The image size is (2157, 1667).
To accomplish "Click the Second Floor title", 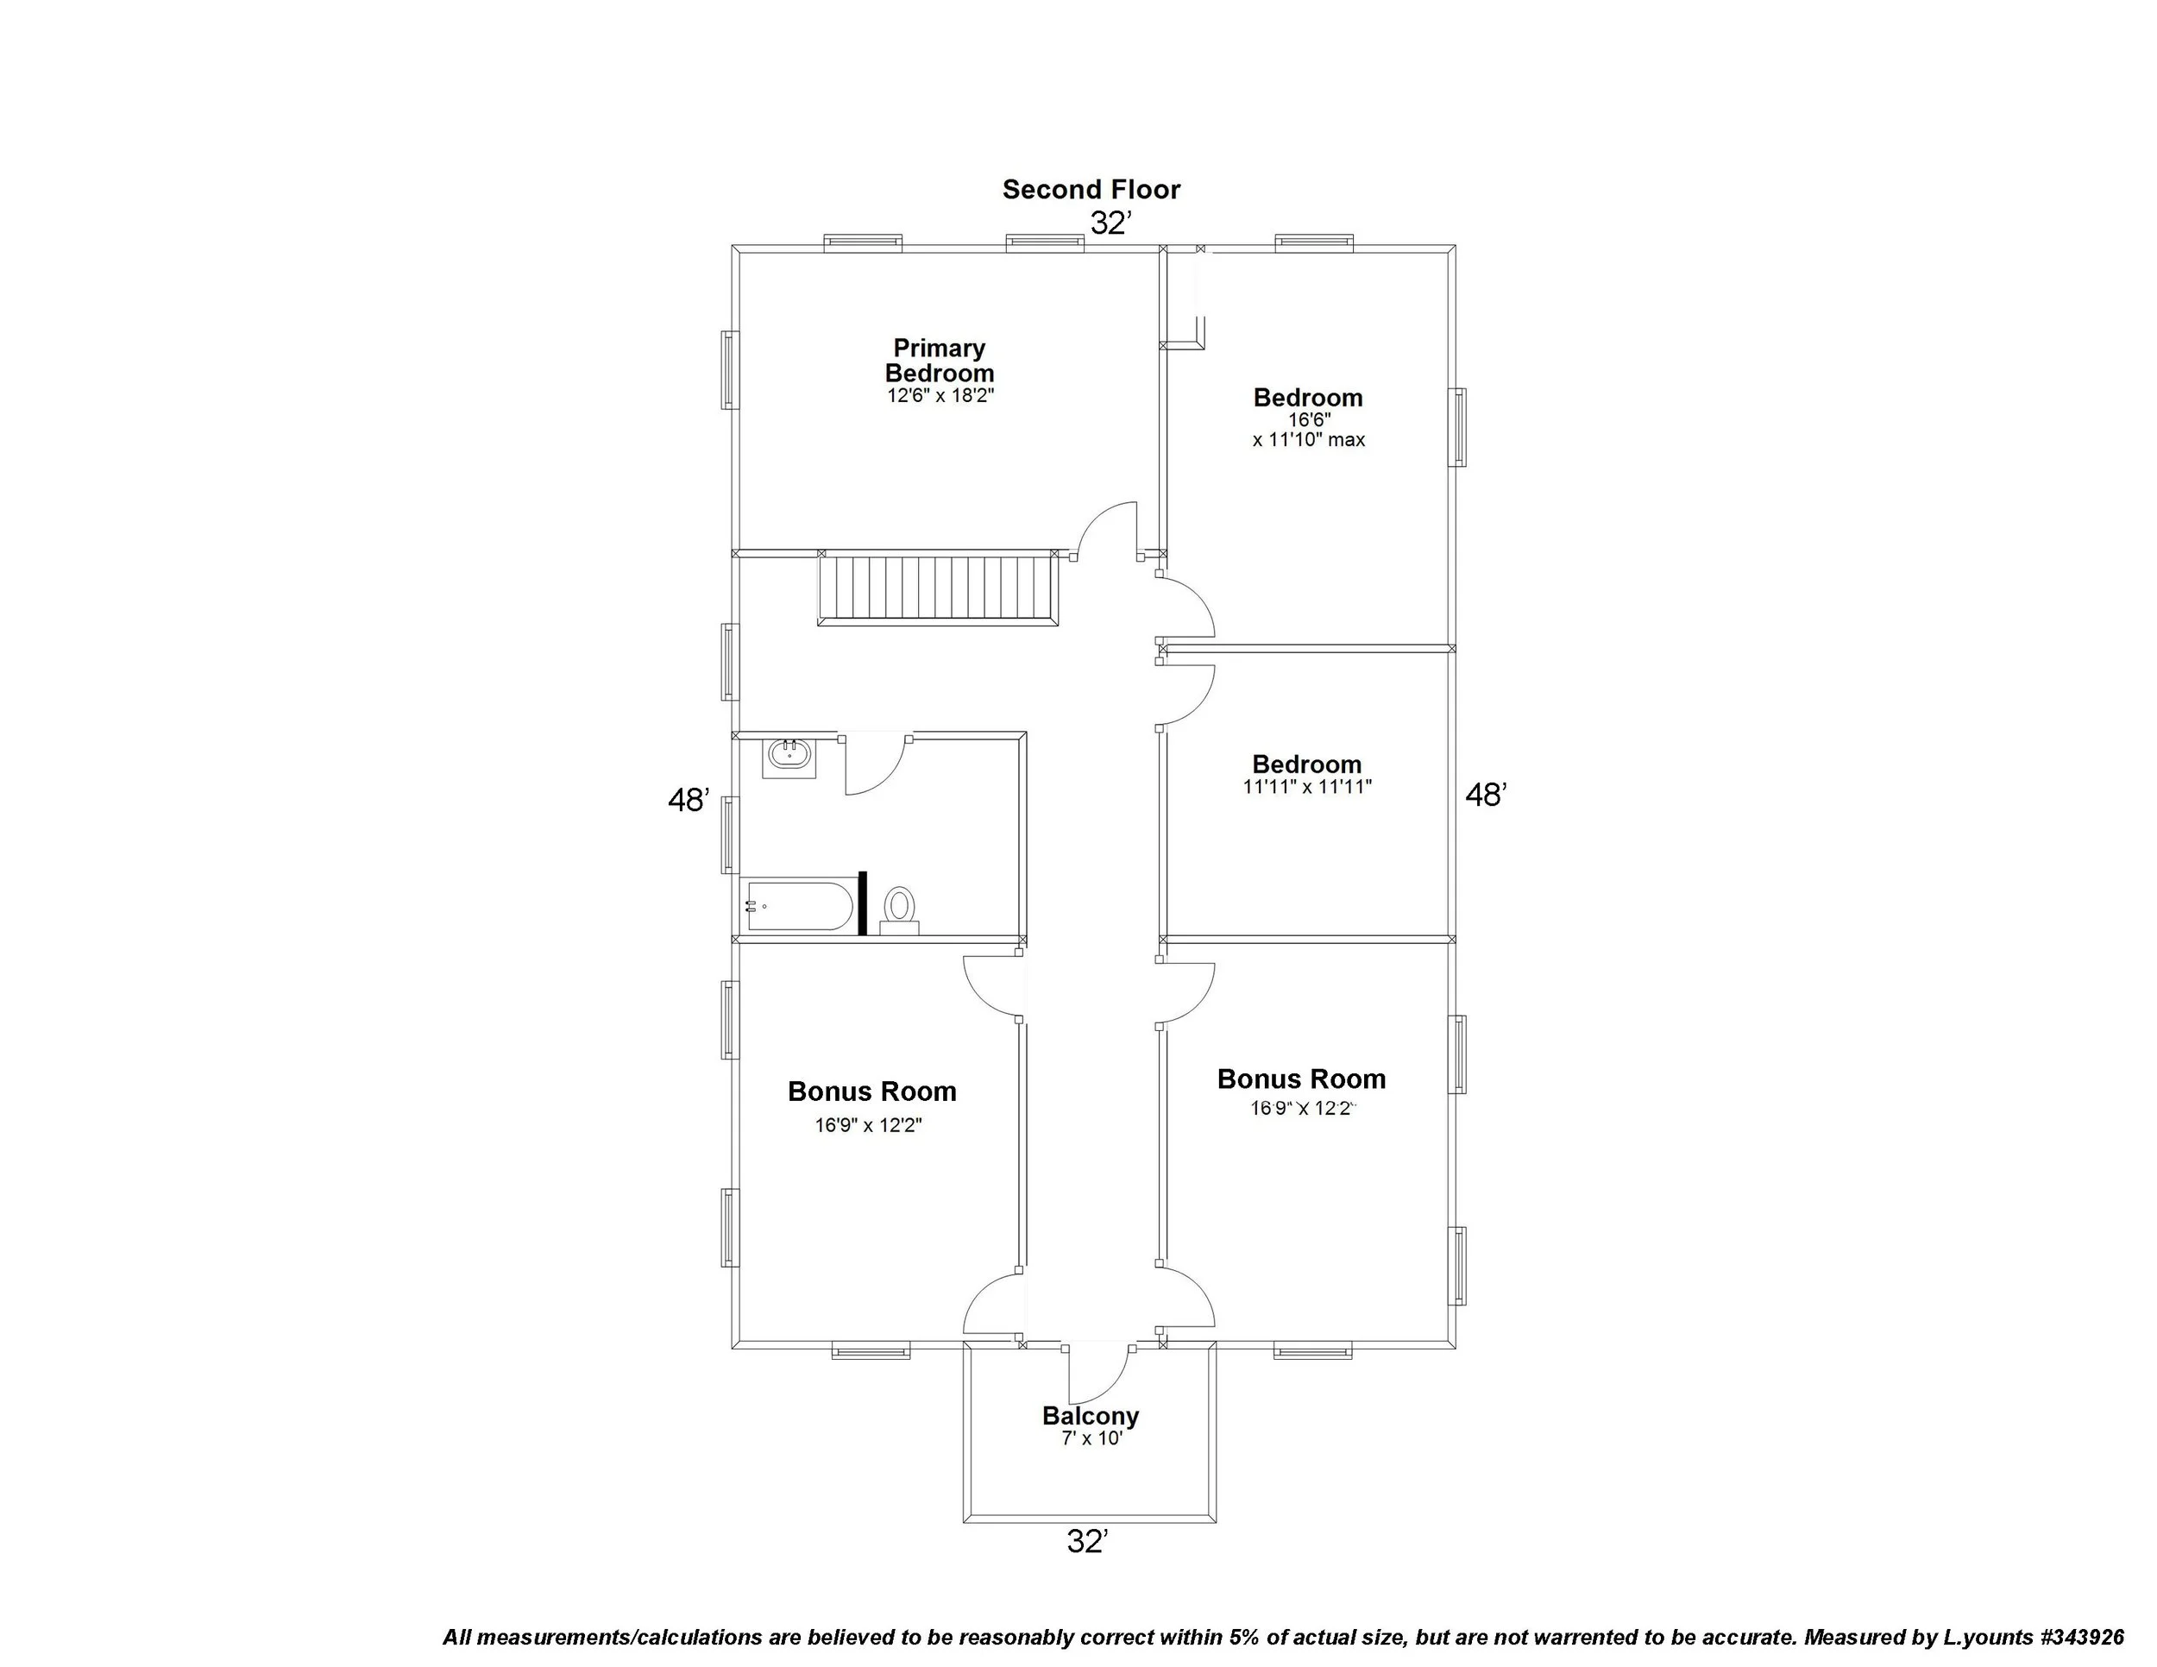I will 1091,190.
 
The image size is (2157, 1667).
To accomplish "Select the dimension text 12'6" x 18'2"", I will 940,396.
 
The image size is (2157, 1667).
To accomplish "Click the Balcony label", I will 1091,1415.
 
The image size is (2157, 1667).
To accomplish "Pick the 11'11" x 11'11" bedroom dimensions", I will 1306,787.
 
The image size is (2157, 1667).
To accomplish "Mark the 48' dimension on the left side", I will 689,800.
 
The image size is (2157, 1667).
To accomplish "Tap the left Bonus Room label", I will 871,1091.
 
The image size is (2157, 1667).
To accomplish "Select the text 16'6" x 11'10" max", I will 1308,430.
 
